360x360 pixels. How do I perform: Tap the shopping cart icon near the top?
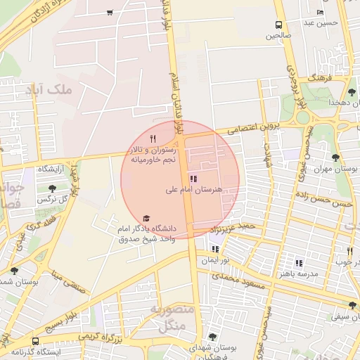(110, 12)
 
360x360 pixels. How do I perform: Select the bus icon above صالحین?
(279, 25)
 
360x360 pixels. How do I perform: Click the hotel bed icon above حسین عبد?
(321, 12)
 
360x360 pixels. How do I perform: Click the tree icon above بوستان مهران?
(335, 157)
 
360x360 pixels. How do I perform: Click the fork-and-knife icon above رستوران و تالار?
(153, 139)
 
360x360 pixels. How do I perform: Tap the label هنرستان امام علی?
(193, 190)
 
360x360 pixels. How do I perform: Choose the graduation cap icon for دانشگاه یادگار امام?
(146, 219)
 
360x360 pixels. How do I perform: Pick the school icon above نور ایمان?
(215, 248)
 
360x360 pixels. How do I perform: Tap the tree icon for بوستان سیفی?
(352, 305)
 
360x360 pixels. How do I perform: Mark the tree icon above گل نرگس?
(53, 188)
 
